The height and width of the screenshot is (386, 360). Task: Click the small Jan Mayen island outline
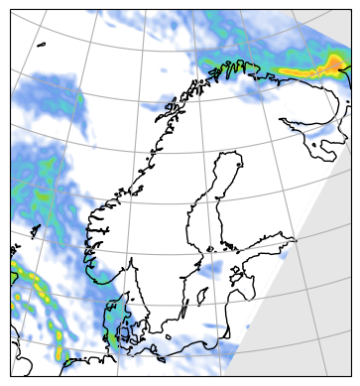pyautogui.click(x=43, y=45)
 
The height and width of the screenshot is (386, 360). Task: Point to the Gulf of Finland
pyautogui.click(x=268, y=243)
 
